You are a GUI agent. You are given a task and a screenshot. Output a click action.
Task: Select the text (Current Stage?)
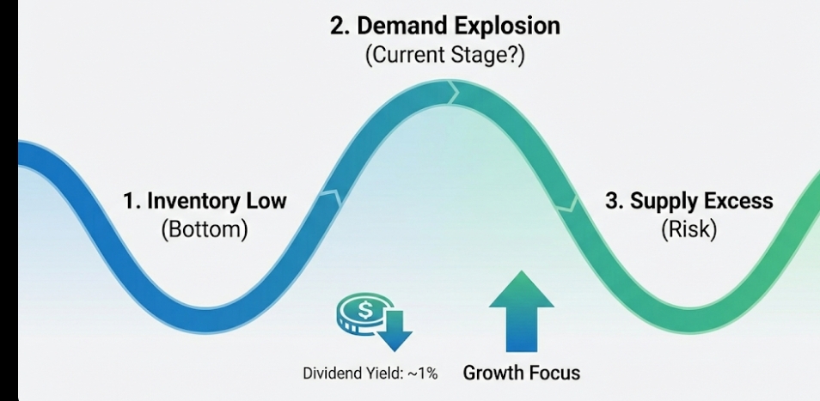click(x=445, y=57)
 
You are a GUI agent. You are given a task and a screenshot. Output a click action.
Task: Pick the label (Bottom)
click(x=204, y=230)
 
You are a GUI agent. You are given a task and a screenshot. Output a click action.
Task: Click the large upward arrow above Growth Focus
click(x=521, y=311)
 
